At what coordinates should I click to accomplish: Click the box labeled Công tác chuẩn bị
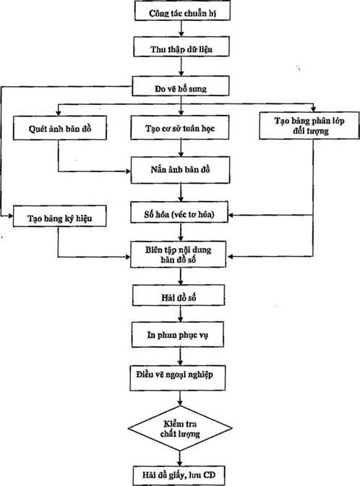point(182,11)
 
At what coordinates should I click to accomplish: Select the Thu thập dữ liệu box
point(181,46)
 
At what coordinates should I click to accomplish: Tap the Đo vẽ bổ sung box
point(181,86)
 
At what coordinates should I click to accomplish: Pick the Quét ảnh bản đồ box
point(60,128)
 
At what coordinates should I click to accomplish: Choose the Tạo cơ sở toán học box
point(180,127)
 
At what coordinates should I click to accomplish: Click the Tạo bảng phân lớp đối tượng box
point(309,125)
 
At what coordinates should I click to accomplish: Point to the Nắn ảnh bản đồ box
point(180,170)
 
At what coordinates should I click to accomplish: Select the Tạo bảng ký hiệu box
point(59,216)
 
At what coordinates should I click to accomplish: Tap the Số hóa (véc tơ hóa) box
point(179,213)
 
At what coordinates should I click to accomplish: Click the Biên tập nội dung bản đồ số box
point(178,255)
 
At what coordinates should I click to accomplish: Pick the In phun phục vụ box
point(178,334)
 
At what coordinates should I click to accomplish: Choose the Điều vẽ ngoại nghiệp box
point(178,378)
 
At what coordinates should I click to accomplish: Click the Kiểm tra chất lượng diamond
point(180,428)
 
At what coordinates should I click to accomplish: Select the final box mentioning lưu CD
point(179,475)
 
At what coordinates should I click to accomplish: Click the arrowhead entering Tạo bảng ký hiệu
point(10,216)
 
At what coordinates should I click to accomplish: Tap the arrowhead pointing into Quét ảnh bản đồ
point(59,114)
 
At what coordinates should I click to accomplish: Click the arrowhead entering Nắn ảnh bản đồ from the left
point(128,171)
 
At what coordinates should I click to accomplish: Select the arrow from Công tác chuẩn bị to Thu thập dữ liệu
point(181,28)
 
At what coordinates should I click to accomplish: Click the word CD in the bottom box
point(210,475)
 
